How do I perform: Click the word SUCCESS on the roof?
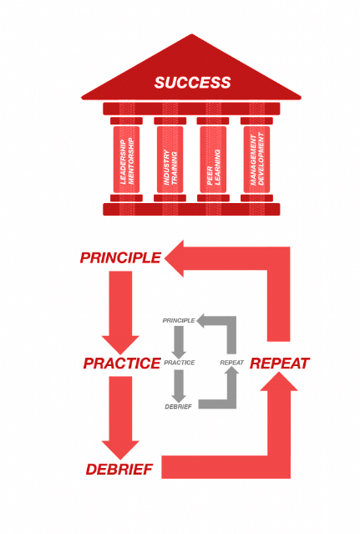click(x=193, y=83)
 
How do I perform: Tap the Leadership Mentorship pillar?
click(x=127, y=160)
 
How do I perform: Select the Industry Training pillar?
click(x=170, y=160)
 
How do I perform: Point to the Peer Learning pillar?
click(x=213, y=160)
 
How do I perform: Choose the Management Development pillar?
click(x=257, y=160)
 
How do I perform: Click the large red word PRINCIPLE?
click(x=120, y=257)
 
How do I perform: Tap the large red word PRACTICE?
click(x=121, y=363)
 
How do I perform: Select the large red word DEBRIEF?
click(x=119, y=470)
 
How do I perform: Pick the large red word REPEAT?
click(x=279, y=364)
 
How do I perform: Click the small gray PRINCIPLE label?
click(x=179, y=320)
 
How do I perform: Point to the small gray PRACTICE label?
click(x=180, y=363)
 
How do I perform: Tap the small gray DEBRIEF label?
click(x=178, y=407)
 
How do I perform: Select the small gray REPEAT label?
click(x=231, y=363)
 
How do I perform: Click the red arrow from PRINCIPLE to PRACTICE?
click(x=120, y=313)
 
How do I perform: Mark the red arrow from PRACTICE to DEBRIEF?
click(x=120, y=418)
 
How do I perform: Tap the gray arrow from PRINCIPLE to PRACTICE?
click(x=179, y=342)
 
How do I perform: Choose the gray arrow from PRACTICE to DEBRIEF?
click(x=179, y=385)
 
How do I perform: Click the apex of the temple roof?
click(x=192, y=34)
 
